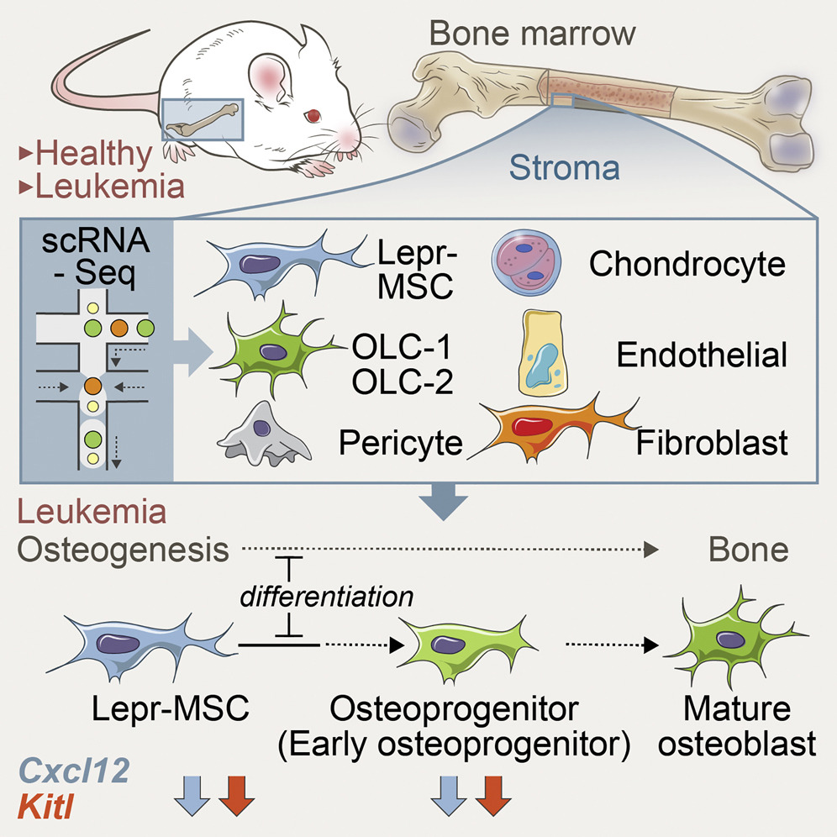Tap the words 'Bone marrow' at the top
pos(532,36)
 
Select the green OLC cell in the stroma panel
pos(271,353)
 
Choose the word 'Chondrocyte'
pos(687,264)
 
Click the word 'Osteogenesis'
pos(124,550)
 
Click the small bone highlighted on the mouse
pos(204,120)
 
